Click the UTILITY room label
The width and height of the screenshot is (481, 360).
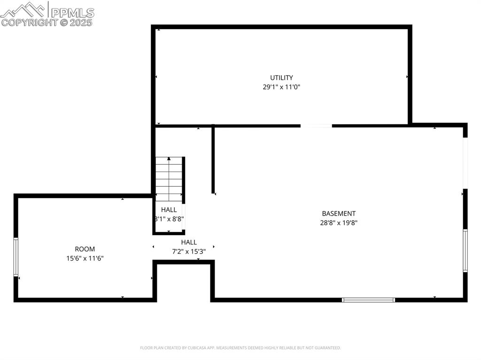pyautogui.click(x=281, y=77)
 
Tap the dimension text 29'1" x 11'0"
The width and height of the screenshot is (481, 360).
pyautogui.click(x=281, y=87)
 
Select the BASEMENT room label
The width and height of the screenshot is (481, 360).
pyautogui.click(x=339, y=214)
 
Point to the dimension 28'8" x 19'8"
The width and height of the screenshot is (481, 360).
pyautogui.click(x=339, y=223)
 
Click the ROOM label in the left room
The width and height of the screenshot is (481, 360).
pyautogui.click(x=85, y=249)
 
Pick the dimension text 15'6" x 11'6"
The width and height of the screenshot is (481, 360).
pyautogui.click(x=85, y=258)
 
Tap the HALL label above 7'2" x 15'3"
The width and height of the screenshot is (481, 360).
pyautogui.click(x=189, y=242)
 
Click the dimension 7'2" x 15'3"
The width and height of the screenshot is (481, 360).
pyautogui.click(x=189, y=251)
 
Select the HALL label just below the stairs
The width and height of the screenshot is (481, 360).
pyautogui.click(x=169, y=210)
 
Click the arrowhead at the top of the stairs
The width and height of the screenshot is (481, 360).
pyautogui.click(x=169, y=159)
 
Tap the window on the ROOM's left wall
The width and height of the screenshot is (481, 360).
pyautogui.click(x=16, y=257)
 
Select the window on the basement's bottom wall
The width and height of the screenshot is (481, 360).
pyautogui.click(x=368, y=299)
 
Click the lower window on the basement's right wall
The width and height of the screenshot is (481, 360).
pyautogui.click(x=465, y=251)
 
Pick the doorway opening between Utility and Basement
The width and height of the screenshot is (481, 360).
pyautogui.click(x=316, y=126)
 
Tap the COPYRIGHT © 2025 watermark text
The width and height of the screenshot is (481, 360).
pyautogui.click(x=47, y=22)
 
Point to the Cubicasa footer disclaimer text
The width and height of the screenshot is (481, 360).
pyautogui.click(x=240, y=348)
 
